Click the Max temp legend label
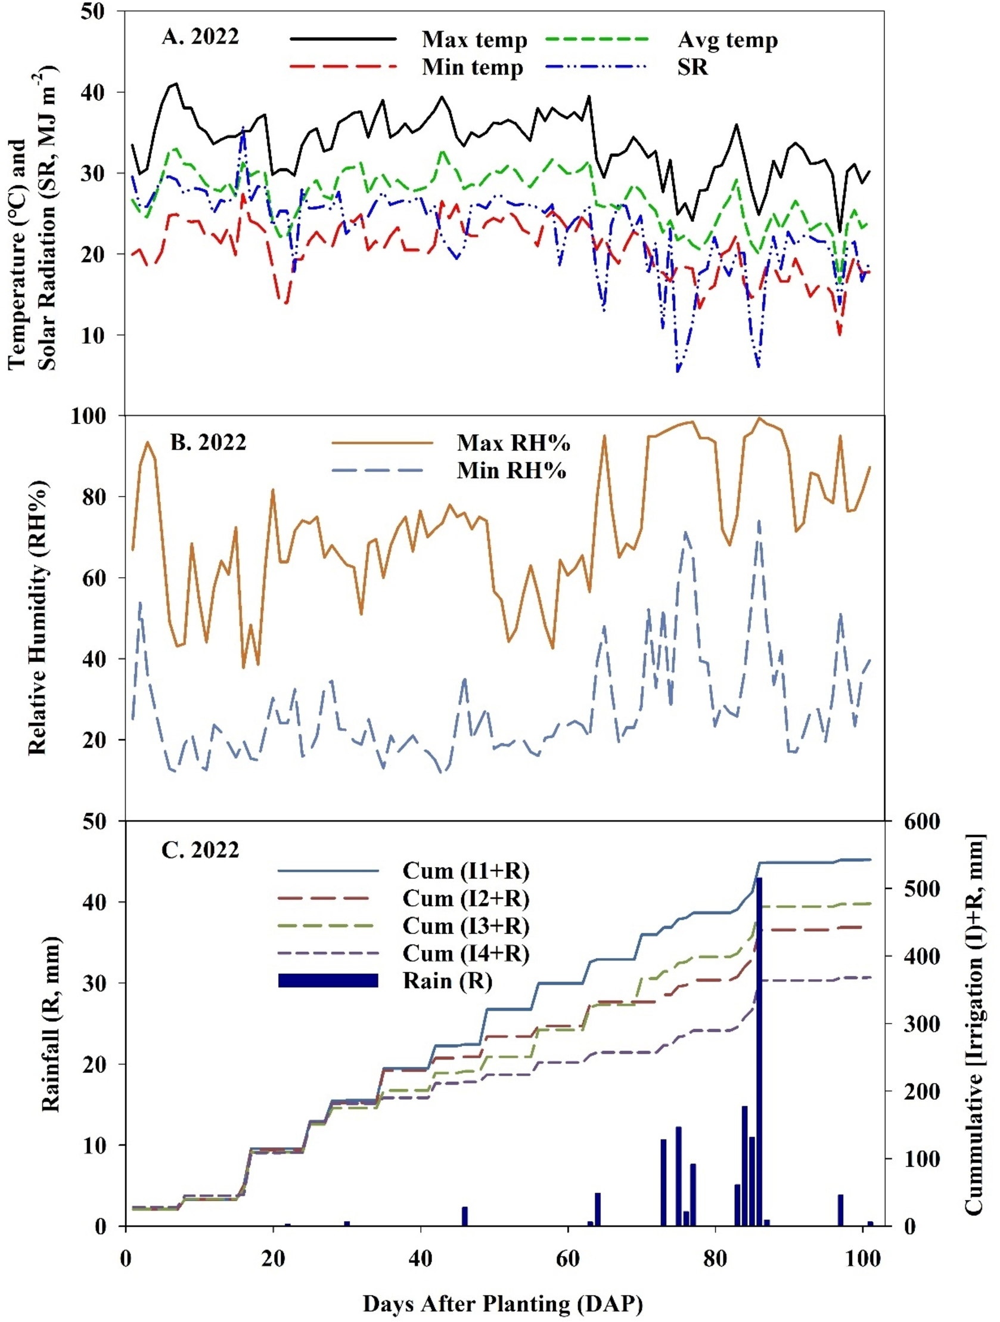click(x=475, y=40)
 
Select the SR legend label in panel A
click(x=693, y=67)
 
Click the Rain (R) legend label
click(x=448, y=981)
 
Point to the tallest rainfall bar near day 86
click(x=759, y=1046)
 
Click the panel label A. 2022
click(x=200, y=36)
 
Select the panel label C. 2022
click(x=200, y=849)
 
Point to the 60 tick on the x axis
click(x=567, y=1259)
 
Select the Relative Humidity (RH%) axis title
click(x=37, y=617)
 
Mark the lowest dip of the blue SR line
click(x=678, y=371)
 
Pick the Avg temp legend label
click(x=728, y=40)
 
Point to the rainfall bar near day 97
click(x=840, y=1209)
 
